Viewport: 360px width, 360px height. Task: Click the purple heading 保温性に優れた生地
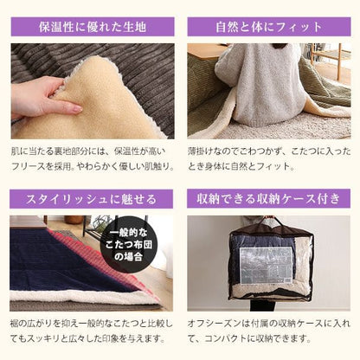pyautogui.click(x=93, y=27)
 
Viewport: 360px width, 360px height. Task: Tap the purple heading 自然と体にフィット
pyautogui.click(x=269, y=27)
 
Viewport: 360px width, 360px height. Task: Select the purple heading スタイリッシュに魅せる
pyautogui.click(x=91, y=199)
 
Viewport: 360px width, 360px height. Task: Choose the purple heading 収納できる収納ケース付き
pyautogui.click(x=268, y=199)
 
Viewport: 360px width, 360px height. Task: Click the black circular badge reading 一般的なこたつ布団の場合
pyautogui.click(x=128, y=244)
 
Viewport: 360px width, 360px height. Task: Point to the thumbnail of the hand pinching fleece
pyautogui.click(x=93, y=91)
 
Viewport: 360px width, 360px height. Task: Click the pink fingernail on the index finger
pyautogui.click(x=77, y=110)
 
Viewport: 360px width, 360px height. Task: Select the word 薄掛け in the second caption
pyautogui.click(x=201, y=151)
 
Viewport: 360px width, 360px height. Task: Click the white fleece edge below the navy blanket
pyautogui.click(x=87, y=295)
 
